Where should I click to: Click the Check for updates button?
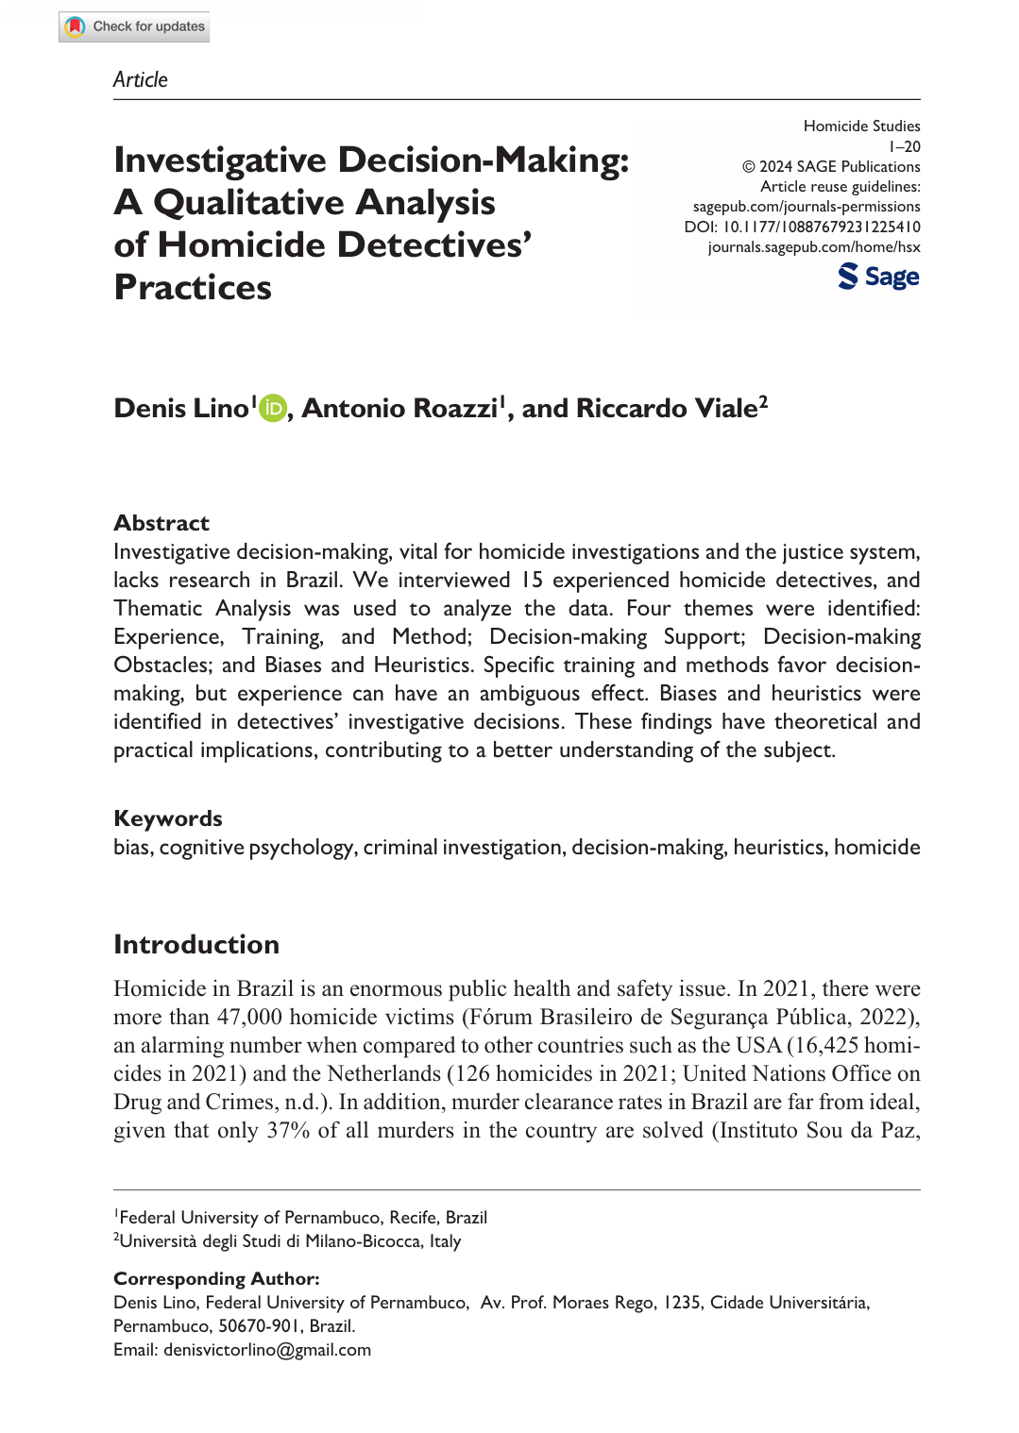134,26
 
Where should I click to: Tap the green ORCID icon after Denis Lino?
272,408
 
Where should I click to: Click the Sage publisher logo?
878,277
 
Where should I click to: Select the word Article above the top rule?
141,80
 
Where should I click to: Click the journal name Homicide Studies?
861,126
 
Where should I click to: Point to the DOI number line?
802,227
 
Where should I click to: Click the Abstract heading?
161,523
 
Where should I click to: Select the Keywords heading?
168,818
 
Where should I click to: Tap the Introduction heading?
196,944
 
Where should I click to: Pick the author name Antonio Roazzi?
399,408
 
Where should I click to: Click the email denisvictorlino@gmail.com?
266,1350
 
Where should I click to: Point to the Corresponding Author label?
216,1278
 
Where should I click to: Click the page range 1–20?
905,146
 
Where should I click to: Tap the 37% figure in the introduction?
288,1130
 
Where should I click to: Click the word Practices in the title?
193,287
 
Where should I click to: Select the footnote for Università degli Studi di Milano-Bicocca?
289,1241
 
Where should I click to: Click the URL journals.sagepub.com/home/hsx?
813,247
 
